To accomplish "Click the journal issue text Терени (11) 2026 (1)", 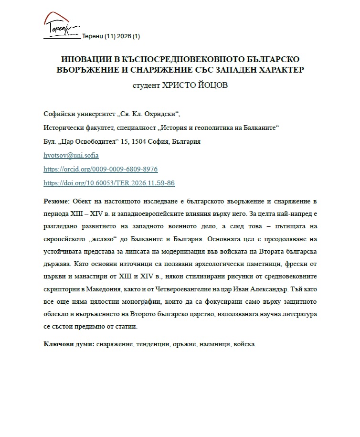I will [x=111, y=36].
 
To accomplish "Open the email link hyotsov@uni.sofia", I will [x=71, y=156].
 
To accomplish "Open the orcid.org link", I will [x=100, y=170].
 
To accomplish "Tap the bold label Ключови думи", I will [x=68, y=344].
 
